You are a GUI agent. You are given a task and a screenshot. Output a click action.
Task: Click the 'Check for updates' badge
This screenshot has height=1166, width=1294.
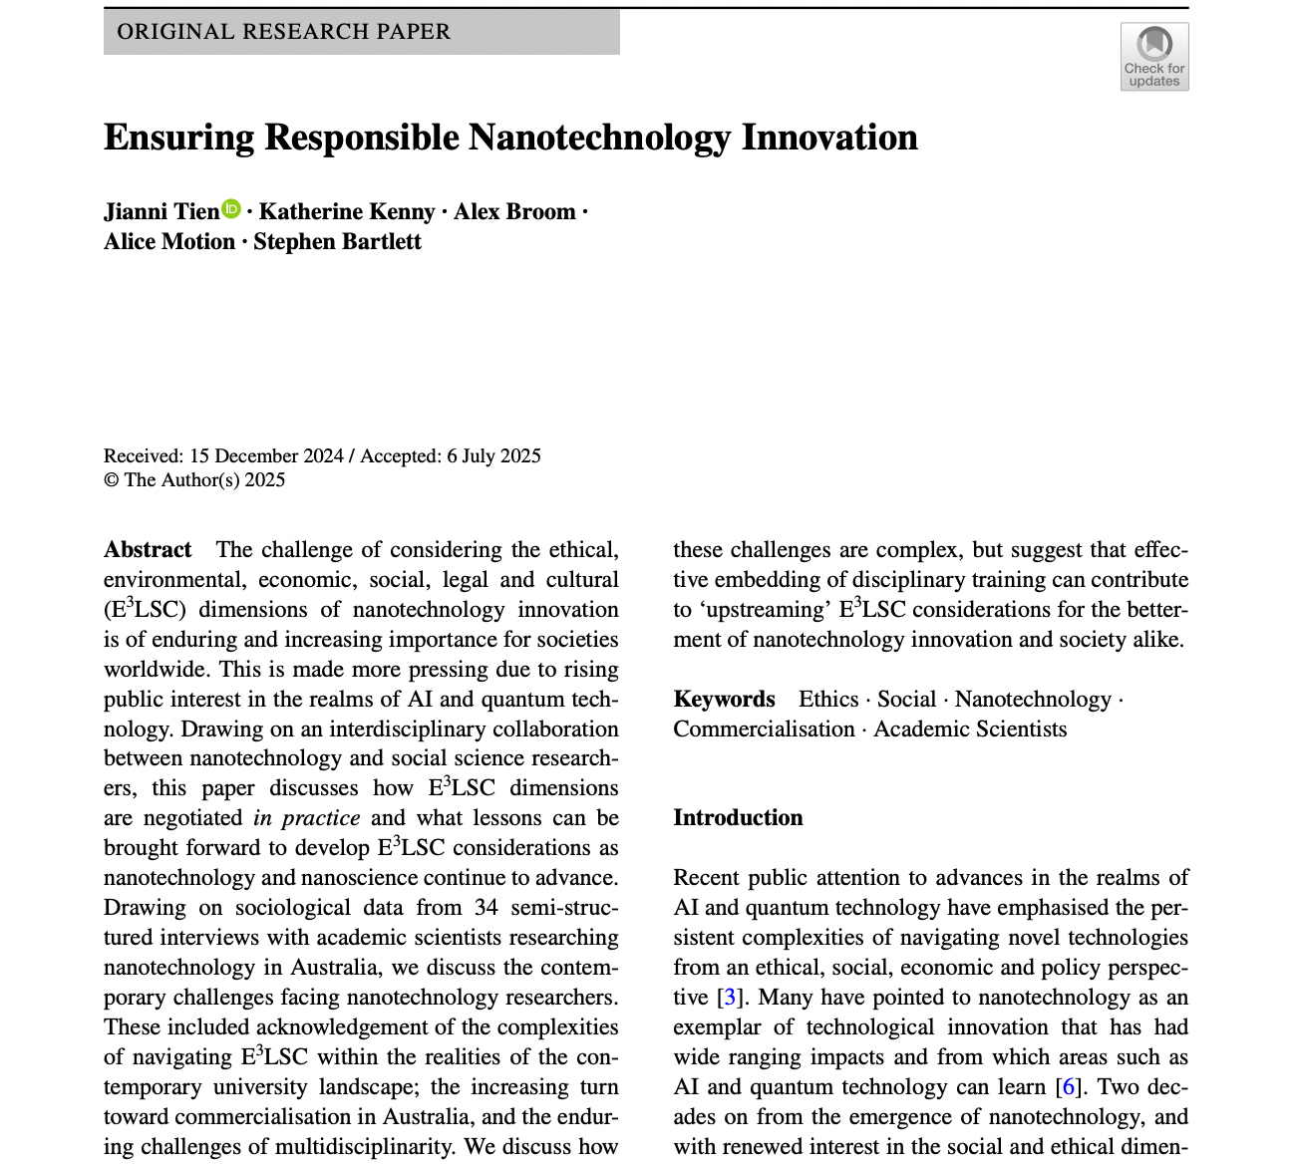1154,57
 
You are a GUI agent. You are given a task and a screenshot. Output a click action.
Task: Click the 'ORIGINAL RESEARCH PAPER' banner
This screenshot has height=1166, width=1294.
361,32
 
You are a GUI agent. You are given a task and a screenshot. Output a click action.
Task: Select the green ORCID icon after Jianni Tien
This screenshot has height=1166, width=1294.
231,208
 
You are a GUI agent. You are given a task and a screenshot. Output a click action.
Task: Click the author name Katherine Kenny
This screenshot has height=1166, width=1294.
347,212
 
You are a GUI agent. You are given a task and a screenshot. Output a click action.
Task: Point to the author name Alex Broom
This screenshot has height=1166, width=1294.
514,212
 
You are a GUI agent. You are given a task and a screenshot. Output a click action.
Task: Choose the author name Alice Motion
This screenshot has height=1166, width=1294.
169,242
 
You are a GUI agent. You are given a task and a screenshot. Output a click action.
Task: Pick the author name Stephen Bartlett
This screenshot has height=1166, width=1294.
337,242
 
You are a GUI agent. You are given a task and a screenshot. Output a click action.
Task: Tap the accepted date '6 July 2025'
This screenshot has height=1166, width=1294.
493,456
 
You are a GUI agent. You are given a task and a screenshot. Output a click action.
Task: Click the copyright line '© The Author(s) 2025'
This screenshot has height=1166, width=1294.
194,480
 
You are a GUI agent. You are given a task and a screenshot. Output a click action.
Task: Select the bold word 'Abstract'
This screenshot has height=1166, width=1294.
148,550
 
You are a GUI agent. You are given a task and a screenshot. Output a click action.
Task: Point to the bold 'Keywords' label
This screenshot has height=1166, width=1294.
724,700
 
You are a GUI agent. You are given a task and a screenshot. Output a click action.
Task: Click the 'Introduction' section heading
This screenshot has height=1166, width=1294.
738,818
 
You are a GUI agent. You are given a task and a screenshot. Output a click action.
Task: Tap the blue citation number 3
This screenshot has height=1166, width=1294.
730,998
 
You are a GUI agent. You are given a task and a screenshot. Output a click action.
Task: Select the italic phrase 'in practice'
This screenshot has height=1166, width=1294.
306,818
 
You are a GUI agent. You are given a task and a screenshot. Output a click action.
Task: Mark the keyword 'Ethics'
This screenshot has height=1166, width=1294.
828,700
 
